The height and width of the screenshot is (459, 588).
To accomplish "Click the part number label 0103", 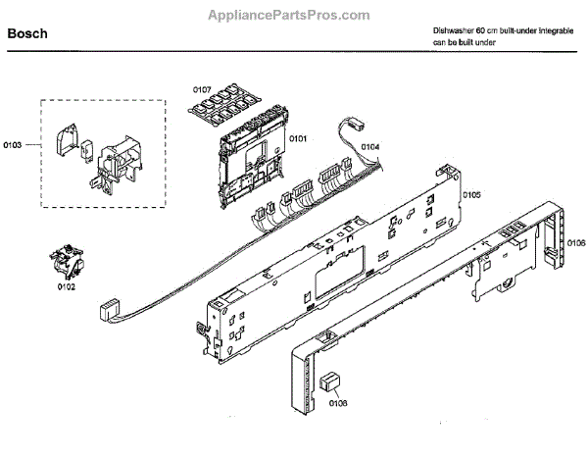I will [13, 145].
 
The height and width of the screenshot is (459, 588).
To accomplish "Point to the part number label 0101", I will [299, 139].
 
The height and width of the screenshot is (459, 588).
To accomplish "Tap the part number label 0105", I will [471, 195].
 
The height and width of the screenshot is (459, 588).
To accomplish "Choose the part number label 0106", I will [576, 242].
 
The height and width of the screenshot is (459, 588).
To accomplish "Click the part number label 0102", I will [66, 287].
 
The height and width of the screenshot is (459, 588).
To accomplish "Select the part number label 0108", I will [338, 402].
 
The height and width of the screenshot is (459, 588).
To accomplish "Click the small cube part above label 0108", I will [333, 382].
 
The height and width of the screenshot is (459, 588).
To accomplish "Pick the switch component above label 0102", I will [66, 263].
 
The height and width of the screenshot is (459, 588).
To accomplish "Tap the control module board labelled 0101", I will [249, 157].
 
